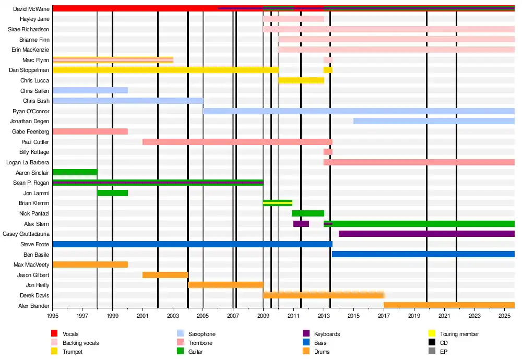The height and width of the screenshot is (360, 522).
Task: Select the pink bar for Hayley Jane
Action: pyautogui.click(x=293, y=19)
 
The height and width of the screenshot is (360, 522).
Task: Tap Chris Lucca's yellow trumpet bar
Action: pyautogui.click(x=301, y=80)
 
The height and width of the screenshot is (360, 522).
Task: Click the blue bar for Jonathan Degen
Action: pyautogui.click(x=433, y=121)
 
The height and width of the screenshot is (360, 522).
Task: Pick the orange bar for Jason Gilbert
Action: pyautogui.click(x=165, y=275)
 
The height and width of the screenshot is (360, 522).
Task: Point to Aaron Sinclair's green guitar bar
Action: pyautogui.click(x=75, y=172)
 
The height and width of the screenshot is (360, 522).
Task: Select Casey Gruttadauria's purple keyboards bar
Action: pyautogui.click(x=426, y=234)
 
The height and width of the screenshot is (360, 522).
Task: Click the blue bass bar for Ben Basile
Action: pyautogui.click(x=423, y=254)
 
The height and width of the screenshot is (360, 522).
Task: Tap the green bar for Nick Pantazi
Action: pyautogui.click(x=307, y=213)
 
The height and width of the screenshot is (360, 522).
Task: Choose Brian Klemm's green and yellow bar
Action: pyautogui.click(x=277, y=203)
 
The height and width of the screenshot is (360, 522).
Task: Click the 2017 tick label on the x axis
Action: pyautogui.click(x=384, y=316)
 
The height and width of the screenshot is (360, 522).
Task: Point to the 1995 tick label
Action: pyautogui.click(x=52, y=316)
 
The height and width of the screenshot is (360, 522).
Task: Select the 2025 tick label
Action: pyautogui.click(x=504, y=316)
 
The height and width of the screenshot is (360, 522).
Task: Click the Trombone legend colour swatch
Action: pyautogui.click(x=181, y=343)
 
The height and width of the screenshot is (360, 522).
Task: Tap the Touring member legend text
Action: pyautogui.click(x=459, y=334)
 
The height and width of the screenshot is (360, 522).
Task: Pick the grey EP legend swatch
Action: pyautogui.click(x=432, y=352)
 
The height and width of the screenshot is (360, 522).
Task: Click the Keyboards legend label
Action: pyautogui.click(x=327, y=334)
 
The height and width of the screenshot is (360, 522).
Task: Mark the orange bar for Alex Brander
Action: pyautogui.click(x=449, y=305)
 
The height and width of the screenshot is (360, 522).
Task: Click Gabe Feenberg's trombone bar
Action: pyautogui.click(x=90, y=131)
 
